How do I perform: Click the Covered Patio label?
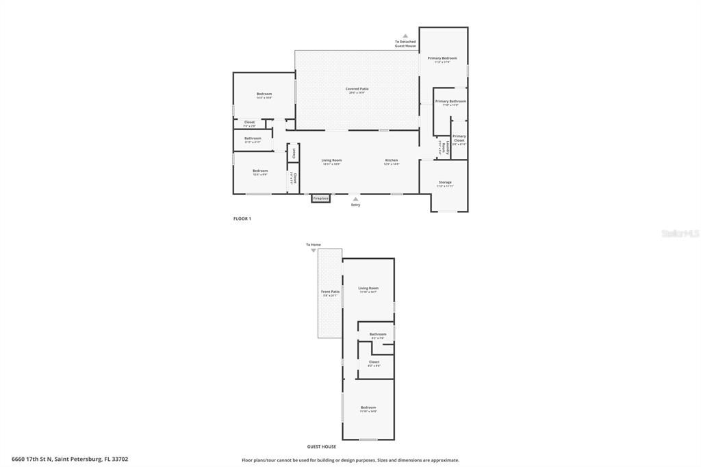(357, 88)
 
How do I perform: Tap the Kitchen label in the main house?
(391, 160)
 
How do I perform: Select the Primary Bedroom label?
(442, 58)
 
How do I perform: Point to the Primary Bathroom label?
(450, 101)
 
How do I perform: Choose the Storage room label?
(445, 182)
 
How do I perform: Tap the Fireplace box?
(320, 199)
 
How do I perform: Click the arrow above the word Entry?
(355, 199)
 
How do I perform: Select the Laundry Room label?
(444, 147)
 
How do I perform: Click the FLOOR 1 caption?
(242, 218)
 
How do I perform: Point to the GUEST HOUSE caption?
(321, 446)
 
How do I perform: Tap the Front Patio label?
(330, 292)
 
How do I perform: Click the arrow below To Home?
(314, 251)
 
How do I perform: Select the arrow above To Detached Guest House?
(405, 36)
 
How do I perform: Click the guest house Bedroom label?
(368, 407)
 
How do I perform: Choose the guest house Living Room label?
(368, 288)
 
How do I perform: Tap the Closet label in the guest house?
(374, 362)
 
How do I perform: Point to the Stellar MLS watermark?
(680, 233)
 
